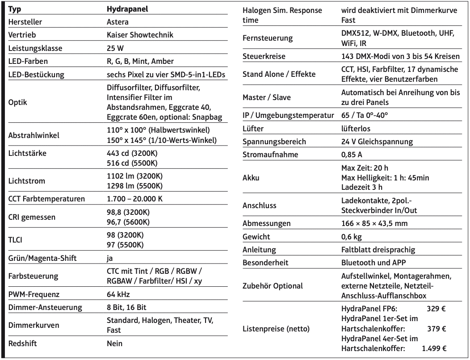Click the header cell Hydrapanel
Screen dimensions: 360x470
127,9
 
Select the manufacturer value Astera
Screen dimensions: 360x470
118,21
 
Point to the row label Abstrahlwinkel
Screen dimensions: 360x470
34,135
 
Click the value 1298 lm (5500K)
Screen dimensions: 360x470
134,185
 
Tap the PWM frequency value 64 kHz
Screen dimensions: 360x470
118,294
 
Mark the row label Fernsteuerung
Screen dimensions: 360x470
267,38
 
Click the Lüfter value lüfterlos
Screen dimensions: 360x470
356,129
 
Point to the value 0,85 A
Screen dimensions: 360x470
352,155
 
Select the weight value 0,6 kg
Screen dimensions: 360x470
351,236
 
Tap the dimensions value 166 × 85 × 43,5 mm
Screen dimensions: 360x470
374,223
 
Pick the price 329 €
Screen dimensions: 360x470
437,308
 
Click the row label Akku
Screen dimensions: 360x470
251,178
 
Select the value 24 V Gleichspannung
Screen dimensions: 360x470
377,142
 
